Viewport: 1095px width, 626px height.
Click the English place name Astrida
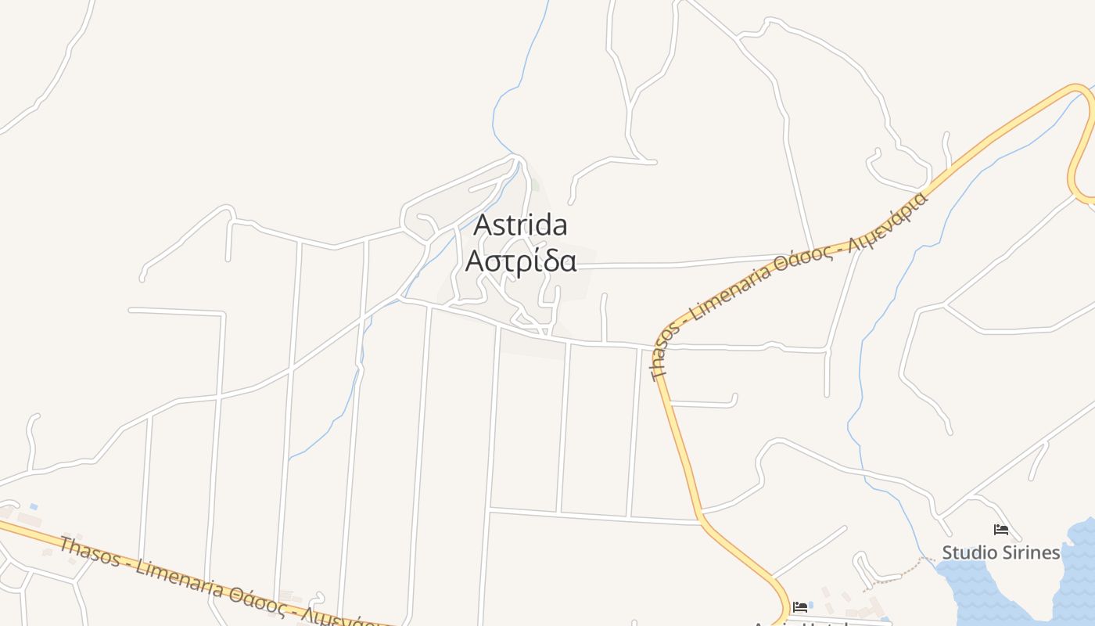coord(521,225)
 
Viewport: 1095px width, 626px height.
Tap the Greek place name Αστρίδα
coord(521,261)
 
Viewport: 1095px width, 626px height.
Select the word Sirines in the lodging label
coord(1032,552)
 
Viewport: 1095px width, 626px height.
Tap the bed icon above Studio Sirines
coord(1000,530)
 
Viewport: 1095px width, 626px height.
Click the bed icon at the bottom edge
coord(799,606)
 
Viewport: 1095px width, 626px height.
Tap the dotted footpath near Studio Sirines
coord(899,571)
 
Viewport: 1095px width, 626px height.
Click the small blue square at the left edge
coord(34,507)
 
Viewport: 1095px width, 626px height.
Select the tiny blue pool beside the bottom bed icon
coord(810,605)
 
